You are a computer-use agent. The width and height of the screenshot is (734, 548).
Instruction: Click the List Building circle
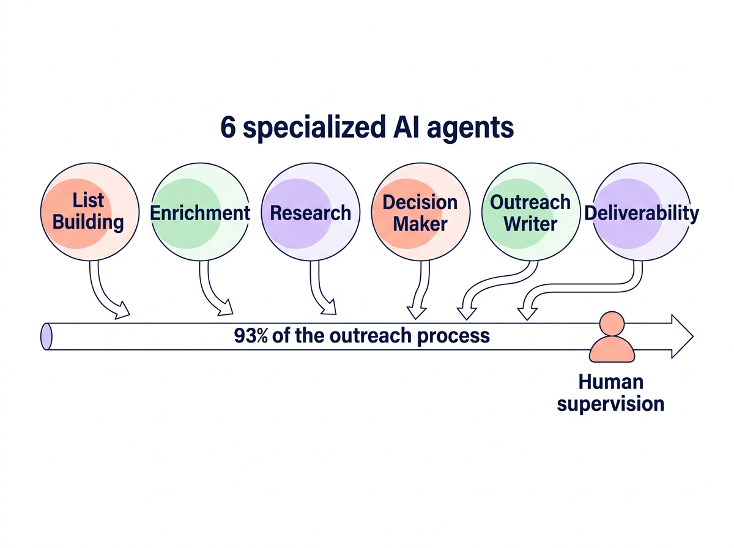pos(89,211)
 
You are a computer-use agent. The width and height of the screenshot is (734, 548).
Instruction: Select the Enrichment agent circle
pos(200,212)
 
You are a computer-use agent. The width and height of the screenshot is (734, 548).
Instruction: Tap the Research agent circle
pos(311,212)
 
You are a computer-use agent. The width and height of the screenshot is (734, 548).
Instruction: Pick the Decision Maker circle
pos(421,212)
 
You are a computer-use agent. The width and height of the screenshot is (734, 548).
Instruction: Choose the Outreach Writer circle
pos(530,212)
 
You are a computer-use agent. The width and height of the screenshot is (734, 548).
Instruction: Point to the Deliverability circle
pos(641,212)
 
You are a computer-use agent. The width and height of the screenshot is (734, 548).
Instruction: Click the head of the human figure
pos(612,324)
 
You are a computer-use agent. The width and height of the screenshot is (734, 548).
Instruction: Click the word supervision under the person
pos(610,404)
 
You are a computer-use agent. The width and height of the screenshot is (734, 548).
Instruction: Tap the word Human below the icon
pos(610,382)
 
